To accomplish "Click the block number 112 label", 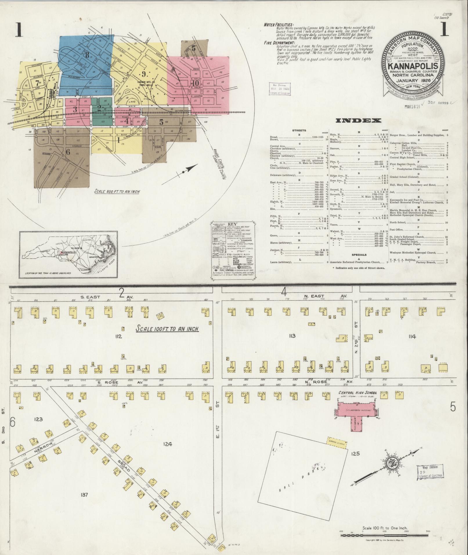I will tap(118, 336).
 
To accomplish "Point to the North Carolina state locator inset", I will tap(68, 254).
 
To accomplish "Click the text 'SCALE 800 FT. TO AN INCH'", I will tap(116, 191).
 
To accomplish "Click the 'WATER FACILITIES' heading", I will tap(278, 25).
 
